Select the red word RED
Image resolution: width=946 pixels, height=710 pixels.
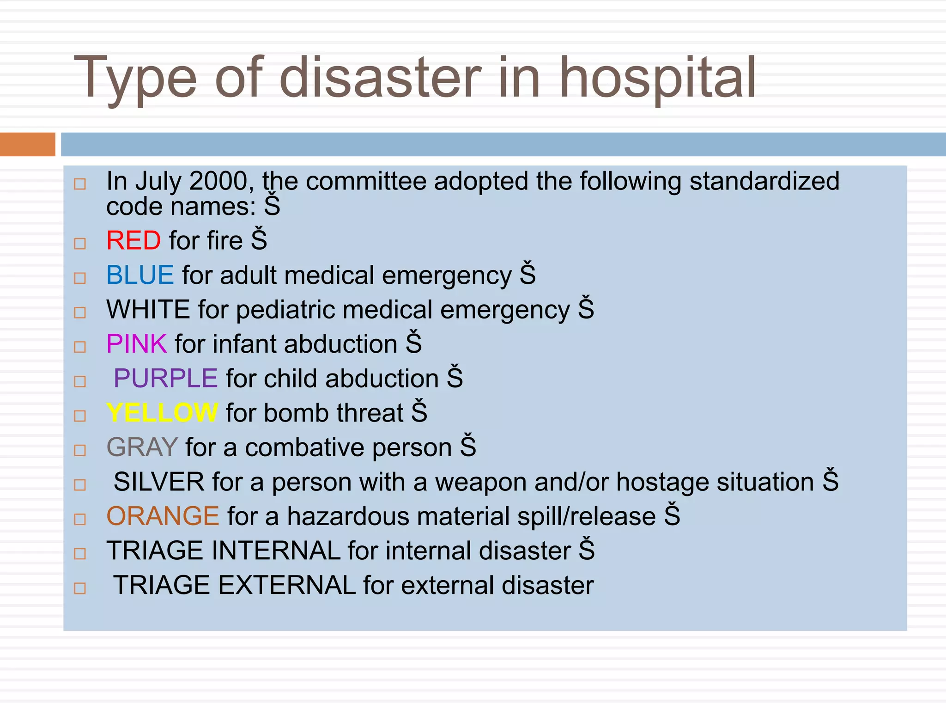(133, 241)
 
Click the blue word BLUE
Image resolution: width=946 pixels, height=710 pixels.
(140, 275)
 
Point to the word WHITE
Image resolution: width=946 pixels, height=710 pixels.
(148, 310)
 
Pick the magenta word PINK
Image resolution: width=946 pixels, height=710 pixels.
(136, 344)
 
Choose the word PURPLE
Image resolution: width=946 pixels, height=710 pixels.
(165, 379)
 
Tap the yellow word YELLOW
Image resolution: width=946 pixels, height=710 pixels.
(162, 413)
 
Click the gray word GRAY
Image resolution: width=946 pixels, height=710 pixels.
(142, 447)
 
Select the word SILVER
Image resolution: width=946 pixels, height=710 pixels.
(159, 482)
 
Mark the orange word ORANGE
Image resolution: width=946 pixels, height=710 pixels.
(163, 516)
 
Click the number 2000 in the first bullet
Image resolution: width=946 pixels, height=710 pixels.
(218, 181)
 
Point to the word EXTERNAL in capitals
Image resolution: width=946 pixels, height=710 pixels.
(286, 585)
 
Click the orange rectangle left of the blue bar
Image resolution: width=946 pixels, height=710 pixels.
(27, 144)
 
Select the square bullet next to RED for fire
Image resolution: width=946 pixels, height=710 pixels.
(80, 244)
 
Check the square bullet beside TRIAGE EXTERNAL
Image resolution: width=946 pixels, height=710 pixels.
(80, 588)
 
